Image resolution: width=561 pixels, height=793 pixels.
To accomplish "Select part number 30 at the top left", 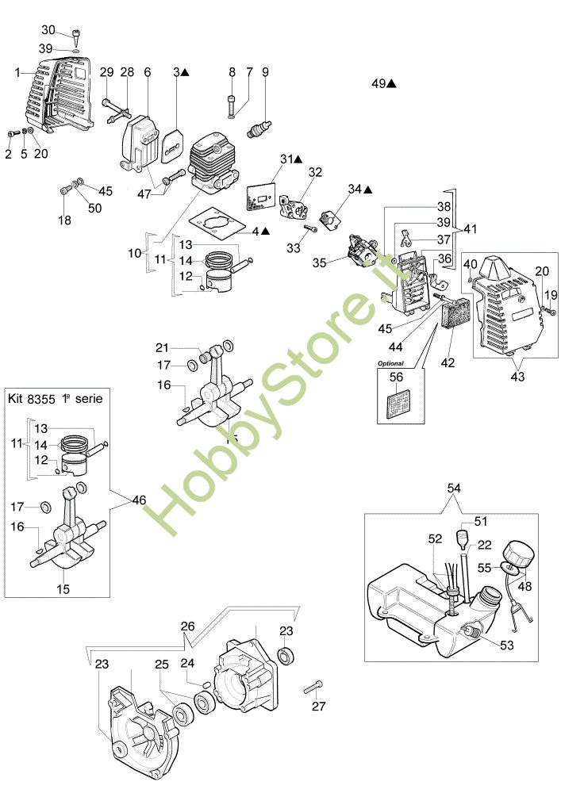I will pos(48,30).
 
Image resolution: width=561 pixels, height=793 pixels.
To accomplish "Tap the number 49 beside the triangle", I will pos(378,82).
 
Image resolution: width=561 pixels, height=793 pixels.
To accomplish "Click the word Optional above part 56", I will pos(390,364).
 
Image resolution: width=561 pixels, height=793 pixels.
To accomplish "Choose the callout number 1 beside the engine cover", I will pos(17,72).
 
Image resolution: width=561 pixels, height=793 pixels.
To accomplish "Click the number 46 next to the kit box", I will pos(140,500).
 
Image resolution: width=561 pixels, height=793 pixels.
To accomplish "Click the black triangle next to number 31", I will pos(298,159).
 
